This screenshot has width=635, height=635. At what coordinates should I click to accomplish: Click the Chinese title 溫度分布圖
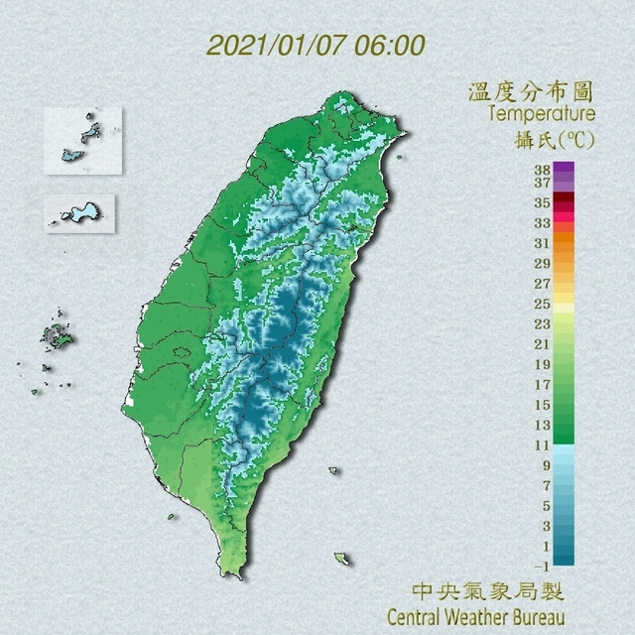click(x=531, y=93)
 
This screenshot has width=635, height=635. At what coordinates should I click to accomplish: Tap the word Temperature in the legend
click(x=542, y=114)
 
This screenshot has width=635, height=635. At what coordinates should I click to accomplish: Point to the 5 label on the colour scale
click(x=544, y=506)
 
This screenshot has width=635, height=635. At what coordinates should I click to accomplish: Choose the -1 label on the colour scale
click(x=541, y=566)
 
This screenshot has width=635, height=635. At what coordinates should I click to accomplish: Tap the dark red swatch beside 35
click(x=564, y=200)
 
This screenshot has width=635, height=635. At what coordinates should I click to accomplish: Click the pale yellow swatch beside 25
click(x=564, y=306)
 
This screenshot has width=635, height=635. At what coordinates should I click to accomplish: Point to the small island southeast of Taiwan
click(x=342, y=560)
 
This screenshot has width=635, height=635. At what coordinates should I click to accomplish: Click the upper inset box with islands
click(x=82, y=139)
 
